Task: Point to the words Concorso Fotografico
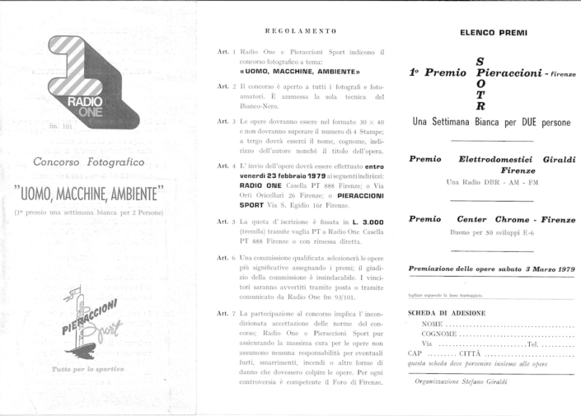(90, 161)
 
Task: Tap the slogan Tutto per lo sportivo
(87, 370)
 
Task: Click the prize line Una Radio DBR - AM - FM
(492, 180)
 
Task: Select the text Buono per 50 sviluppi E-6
(492, 234)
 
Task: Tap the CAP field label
(415, 353)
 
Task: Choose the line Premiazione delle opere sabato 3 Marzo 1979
(492, 269)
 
